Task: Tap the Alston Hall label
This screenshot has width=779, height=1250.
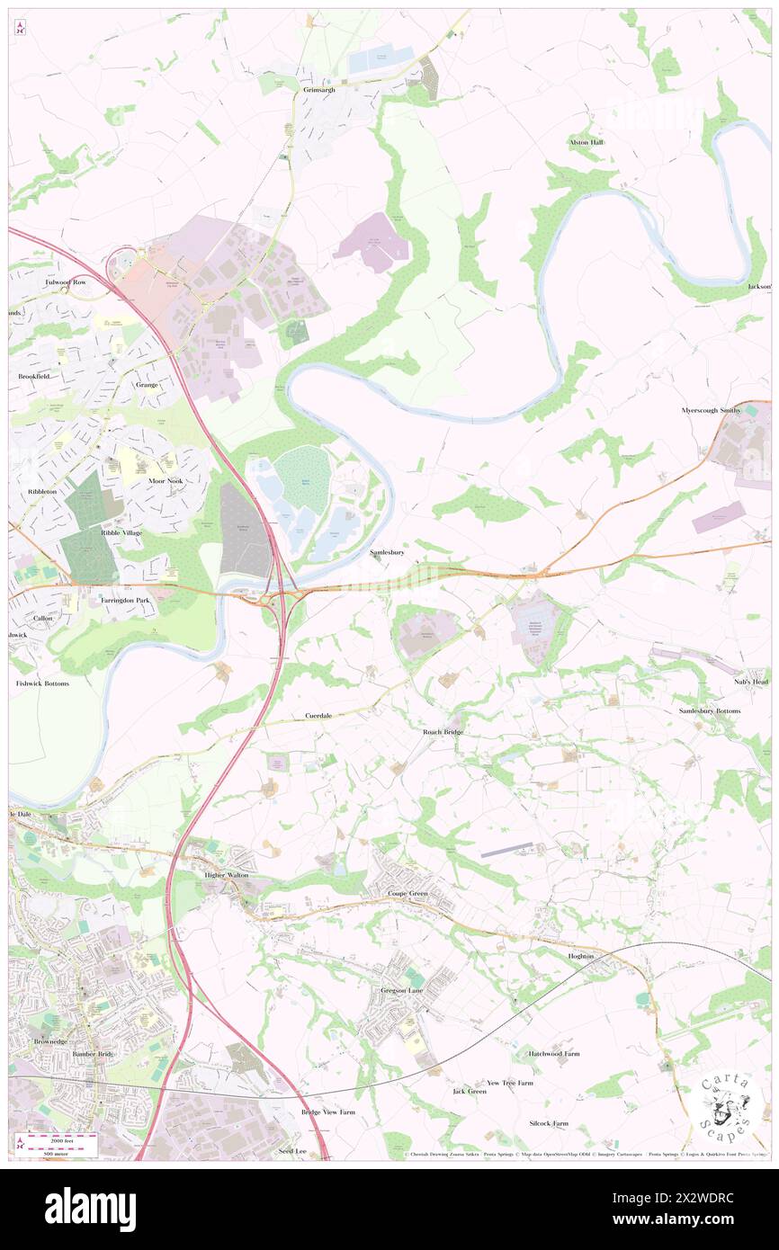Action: point(586,142)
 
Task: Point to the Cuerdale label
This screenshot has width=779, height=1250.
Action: point(318,716)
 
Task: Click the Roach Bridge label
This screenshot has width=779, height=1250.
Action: point(443,732)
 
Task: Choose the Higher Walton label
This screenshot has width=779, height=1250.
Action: point(226,873)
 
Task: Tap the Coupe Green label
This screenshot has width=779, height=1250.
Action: point(407,893)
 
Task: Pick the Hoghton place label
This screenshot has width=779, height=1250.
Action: point(581,956)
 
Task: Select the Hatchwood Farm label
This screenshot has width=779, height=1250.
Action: point(554,1053)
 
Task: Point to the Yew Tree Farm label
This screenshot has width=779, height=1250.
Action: point(510,1083)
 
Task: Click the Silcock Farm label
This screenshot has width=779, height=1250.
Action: point(549,1123)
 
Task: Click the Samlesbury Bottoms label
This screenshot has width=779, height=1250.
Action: point(710,711)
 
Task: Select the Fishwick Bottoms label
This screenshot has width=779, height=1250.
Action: point(42,683)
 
